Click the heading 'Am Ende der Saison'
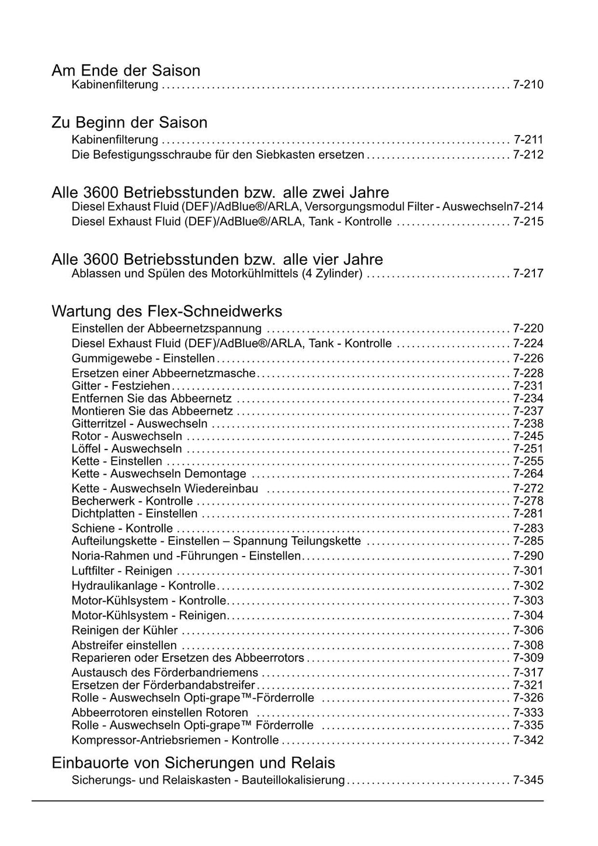click(x=126, y=71)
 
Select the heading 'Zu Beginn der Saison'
click(x=129, y=123)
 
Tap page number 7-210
click(x=528, y=85)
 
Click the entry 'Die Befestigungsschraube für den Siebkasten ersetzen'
click(x=218, y=155)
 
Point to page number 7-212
click(x=528, y=155)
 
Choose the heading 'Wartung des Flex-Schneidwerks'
click(x=167, y=310)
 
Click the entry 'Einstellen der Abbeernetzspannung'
click(x=166, y=329)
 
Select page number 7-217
click(x=528, y=274)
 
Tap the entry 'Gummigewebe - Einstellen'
click(x=143, y=358)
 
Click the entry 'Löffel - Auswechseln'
click(x=127, y=449)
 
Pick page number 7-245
click(x=528, y=436)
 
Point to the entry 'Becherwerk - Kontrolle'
click(x=132, y=501)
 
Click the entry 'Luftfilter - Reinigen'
click(x=122, y=571)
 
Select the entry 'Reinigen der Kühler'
click(x=124, y=630)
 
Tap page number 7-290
click(x=528, y=556)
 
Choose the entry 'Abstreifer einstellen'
click(x=124, y=645)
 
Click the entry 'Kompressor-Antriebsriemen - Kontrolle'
click(x=175, y=740)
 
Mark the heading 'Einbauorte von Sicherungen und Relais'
click(x=193, y=763)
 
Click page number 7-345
click(x=528, y=780)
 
